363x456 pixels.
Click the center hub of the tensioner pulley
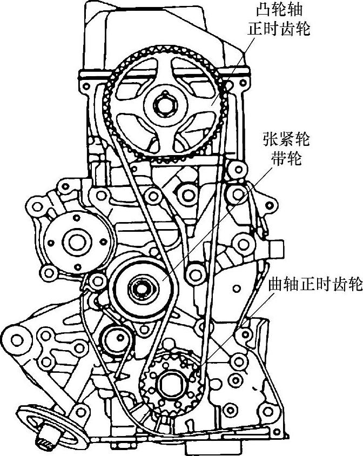(139, 288)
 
